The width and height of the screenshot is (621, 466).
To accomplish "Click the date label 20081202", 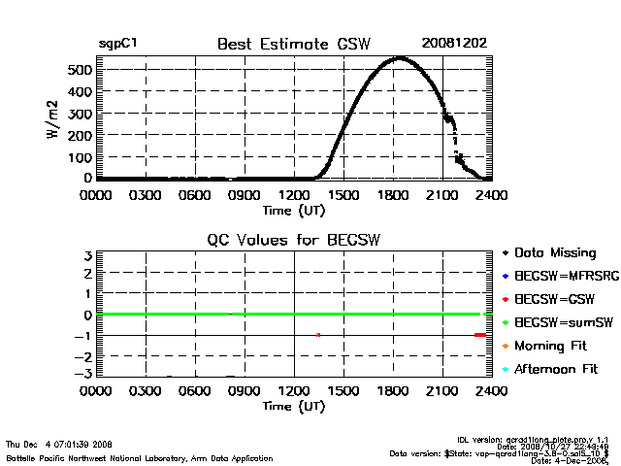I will pyautogui.click(x=453, y=43).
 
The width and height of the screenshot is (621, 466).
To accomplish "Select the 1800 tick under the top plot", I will pyautogui.click(x=393, y=194).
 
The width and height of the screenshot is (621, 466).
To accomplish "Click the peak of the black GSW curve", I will pyautogui.click(x=399, y=58).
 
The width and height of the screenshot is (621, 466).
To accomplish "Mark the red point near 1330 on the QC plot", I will pyautogui.click(x=318, y=335).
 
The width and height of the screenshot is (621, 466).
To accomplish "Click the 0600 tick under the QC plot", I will pyautogui.click(x=195, y=391).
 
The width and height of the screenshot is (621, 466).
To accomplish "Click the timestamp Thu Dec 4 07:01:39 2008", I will pyautogui.click(x=58, y=444).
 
